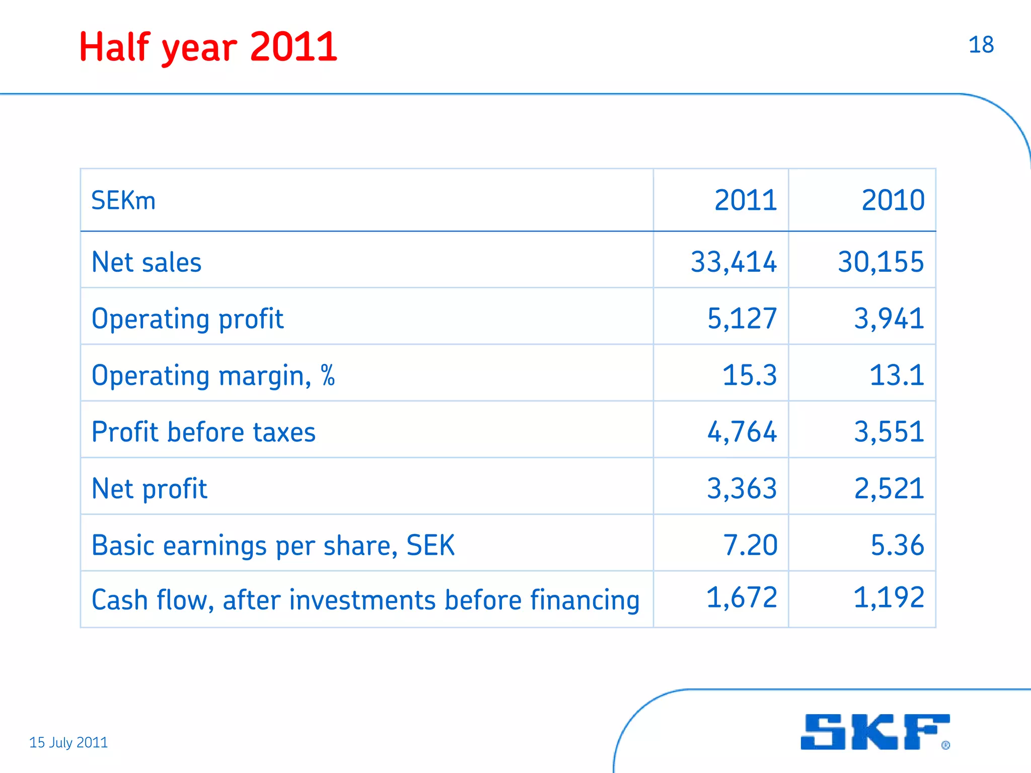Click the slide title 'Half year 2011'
pos(208,47)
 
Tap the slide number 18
pos(981,45)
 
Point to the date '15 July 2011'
pos(68,742)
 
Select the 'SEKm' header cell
pos(123,200)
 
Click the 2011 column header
pos(746,200)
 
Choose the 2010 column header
pos(893,200)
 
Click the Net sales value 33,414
pos(733,262)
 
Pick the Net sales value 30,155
pos(881,262)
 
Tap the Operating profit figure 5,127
pos(742,319)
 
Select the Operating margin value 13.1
pos(897,375)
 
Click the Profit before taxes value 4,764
pos(742,432)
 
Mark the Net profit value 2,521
pos(889,489)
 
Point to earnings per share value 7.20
pos(750,545)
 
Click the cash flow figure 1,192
pos(889,598)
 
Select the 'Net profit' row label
pos(150,489)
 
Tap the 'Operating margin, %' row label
pos(213,376)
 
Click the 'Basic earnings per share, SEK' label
pos(273,546)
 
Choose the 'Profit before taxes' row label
pos(204,432)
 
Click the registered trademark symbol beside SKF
pos(946,745)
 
